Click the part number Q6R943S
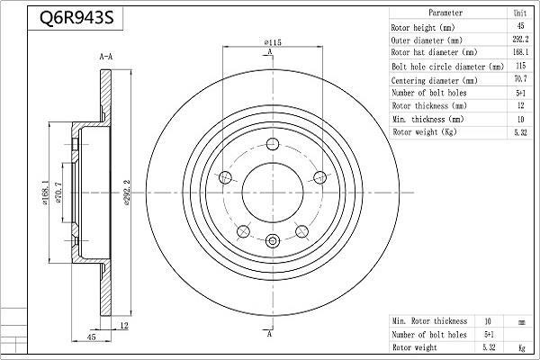pos(76,18)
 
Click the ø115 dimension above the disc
pos(273,42)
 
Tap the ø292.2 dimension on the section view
pos(126,193)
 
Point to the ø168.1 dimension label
pos(45,193)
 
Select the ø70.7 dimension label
pos(58,193)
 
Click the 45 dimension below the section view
pos(91,337)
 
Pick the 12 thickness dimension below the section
pos(123,325)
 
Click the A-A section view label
pos(105,57)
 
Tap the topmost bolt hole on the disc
pos(273,144)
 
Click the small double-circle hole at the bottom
pos(273,240)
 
